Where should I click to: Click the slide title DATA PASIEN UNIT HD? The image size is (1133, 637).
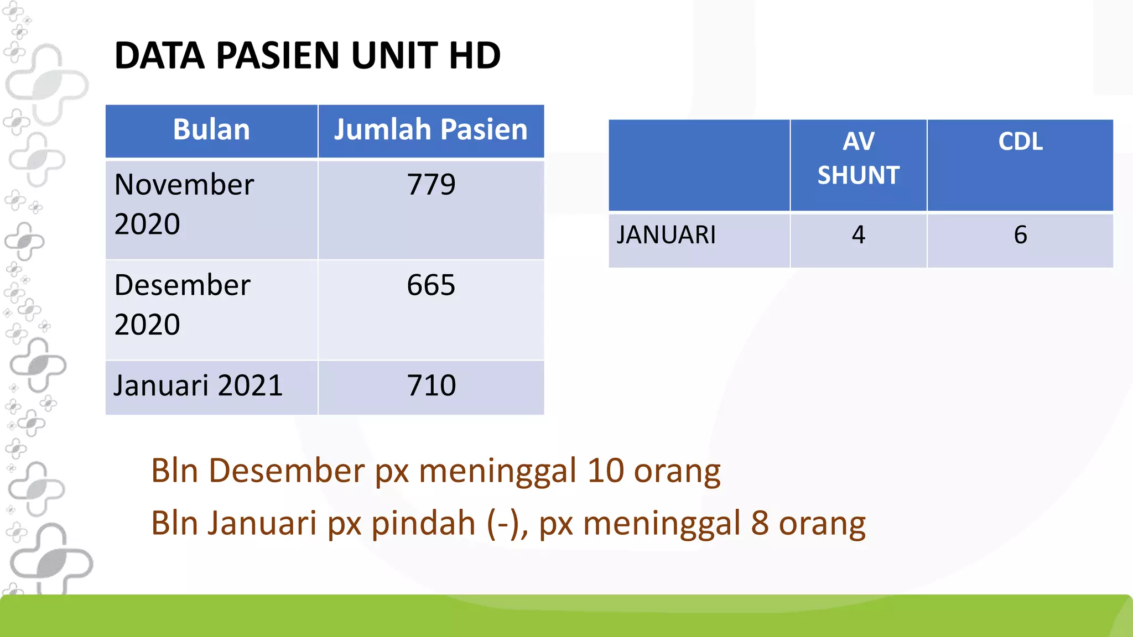[x=308, y=55]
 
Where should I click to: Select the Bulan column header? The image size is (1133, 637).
[x=211, y=130]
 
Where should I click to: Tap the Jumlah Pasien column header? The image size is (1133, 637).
[x=430, y=130]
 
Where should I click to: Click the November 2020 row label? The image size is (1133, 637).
[x=184, y=204]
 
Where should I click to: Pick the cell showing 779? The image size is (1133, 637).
[x=431, y=185]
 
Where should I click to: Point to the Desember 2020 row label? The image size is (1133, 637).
[x=183, y=305]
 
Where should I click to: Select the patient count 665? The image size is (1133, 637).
[x=431, y=285]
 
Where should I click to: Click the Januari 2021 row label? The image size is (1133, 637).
[x=198, y=385]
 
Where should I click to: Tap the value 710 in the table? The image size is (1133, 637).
[x=432, y=385]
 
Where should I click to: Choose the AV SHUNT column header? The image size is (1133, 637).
[x=859, y=158]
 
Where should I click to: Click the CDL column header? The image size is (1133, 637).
[x=1020, y=142]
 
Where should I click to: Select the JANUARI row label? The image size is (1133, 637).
[x=666, y=235]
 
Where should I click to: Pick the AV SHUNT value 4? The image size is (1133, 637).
[x=859, y=235]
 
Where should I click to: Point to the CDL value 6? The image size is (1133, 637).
[x=1020, y=235]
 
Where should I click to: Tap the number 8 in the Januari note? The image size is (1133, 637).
[x=760, y=523]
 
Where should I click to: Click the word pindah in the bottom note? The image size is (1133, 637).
[x=423, y=523]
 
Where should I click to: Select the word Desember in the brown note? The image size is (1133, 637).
[x=287, y=471]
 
